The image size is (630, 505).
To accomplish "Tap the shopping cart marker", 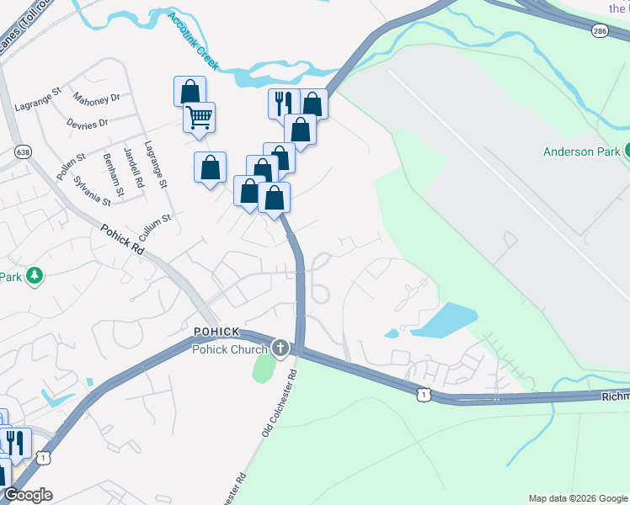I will point(199,118).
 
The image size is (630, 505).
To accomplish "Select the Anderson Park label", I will point(582,152).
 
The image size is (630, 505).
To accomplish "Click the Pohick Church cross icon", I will point(279,348).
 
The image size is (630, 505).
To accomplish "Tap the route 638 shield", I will point(23,152).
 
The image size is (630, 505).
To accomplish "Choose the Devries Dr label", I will point(92,122).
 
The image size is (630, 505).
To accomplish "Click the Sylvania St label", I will point(92,191).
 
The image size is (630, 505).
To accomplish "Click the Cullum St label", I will point(156,228).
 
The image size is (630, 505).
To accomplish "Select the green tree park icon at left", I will point(35,276).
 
